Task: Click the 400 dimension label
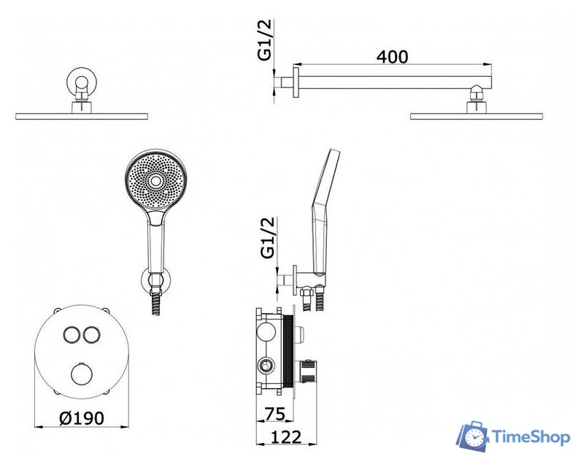point(392,57)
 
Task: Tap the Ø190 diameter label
point(82,418)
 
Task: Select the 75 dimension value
point(274,414)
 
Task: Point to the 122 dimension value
point(286,437)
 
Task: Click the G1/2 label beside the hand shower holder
point(268,237)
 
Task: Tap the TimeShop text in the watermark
point(531,438)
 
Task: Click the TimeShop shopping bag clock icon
point(472,436)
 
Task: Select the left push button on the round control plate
point(70,334)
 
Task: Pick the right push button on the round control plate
point(91,334)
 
